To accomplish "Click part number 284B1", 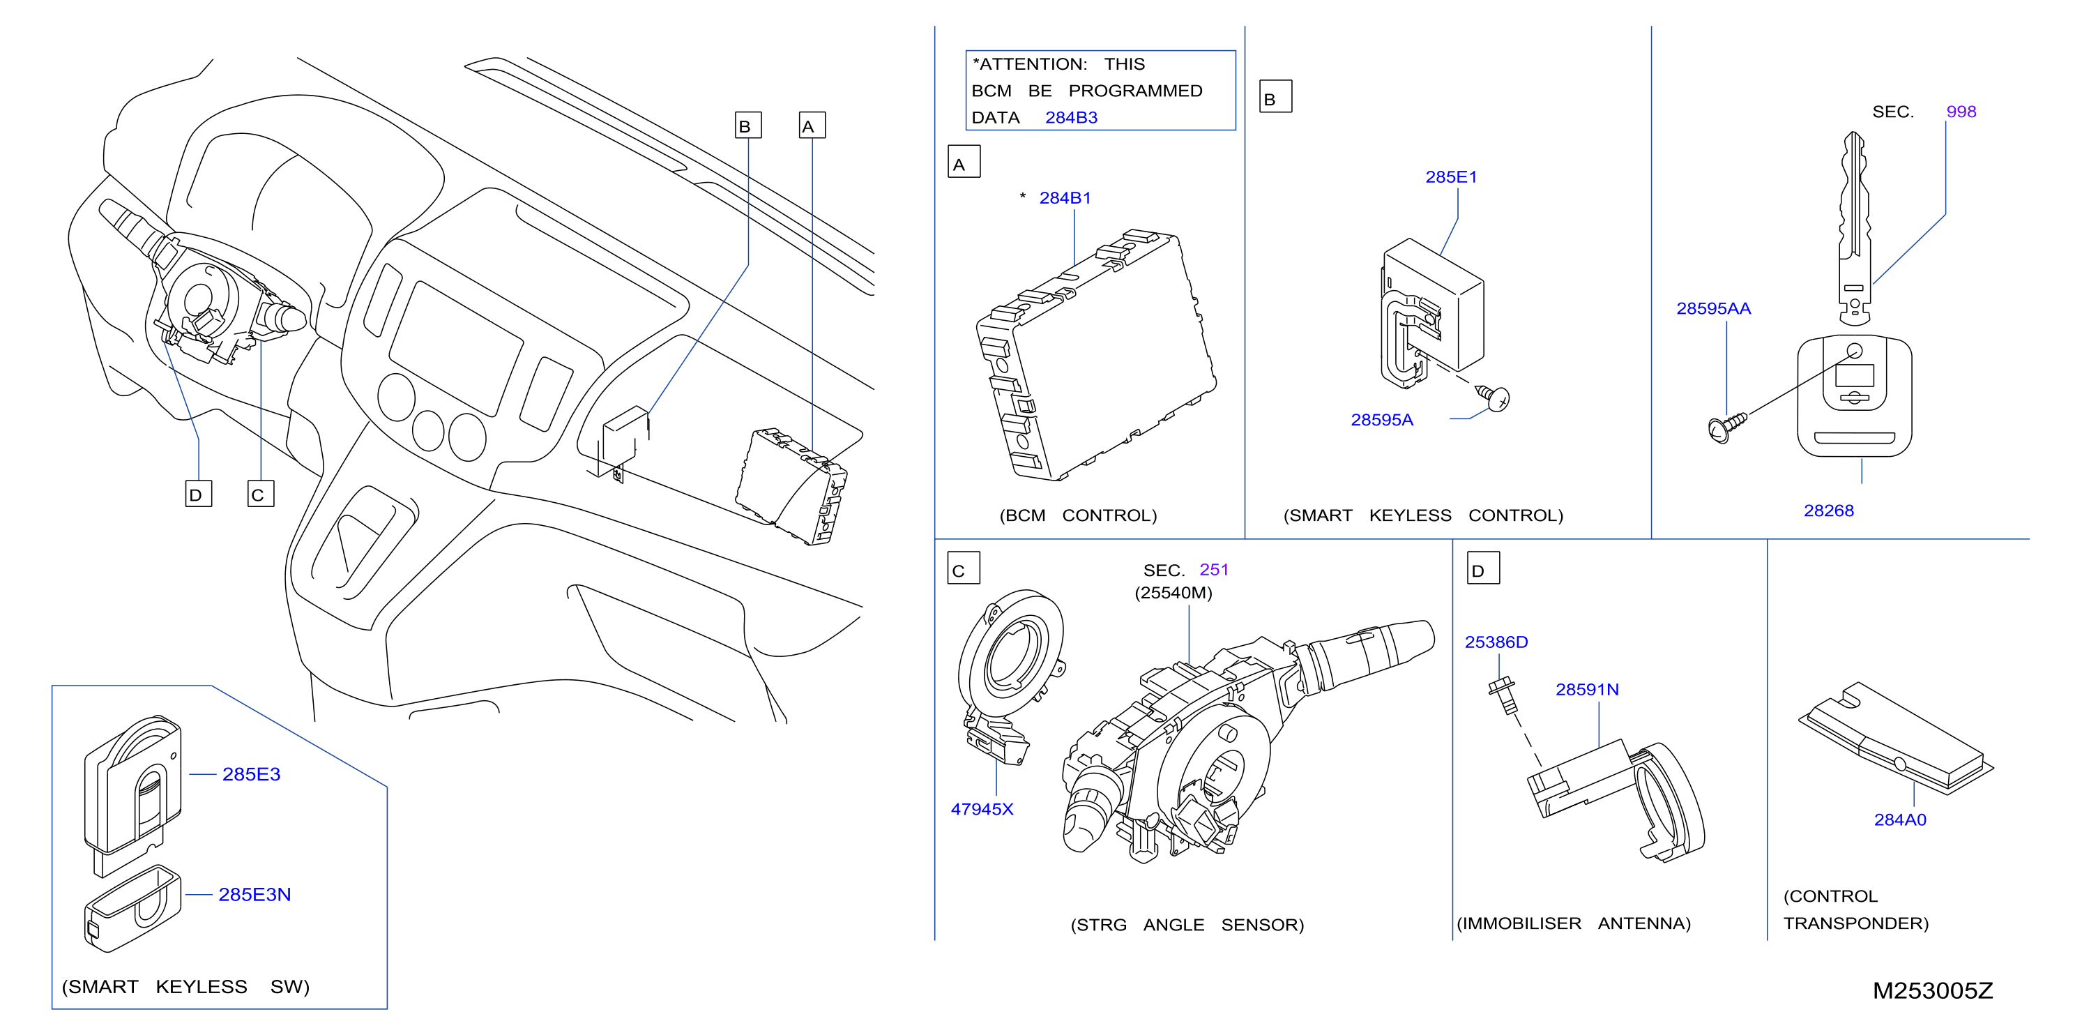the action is point(1065,198).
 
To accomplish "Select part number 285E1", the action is point(1451,177).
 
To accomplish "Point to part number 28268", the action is point(1829,511).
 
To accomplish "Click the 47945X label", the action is point(982,810).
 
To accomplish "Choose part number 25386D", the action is point(1496,642).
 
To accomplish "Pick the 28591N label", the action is point(1588,690).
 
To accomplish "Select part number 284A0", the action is point(1900,820).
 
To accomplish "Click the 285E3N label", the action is point(254,894).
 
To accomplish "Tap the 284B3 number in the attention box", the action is point(1071,118).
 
